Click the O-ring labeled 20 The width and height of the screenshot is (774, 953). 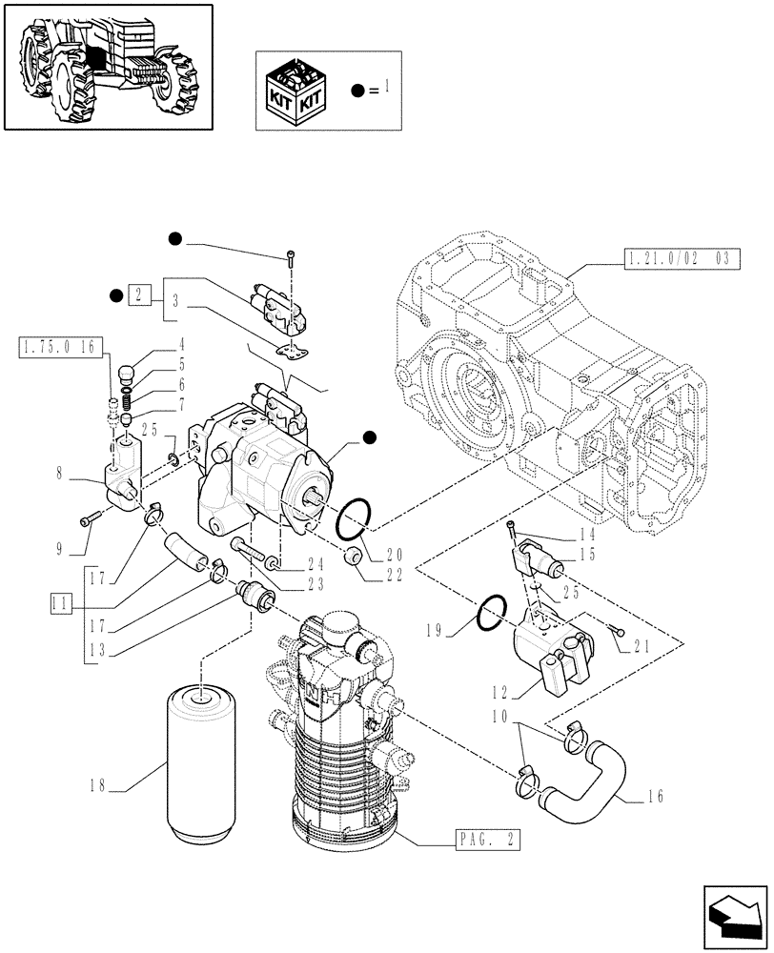354,518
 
